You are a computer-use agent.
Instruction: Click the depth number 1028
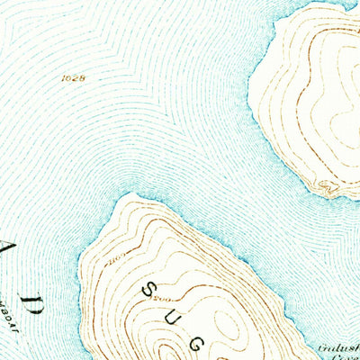(74, 79)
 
